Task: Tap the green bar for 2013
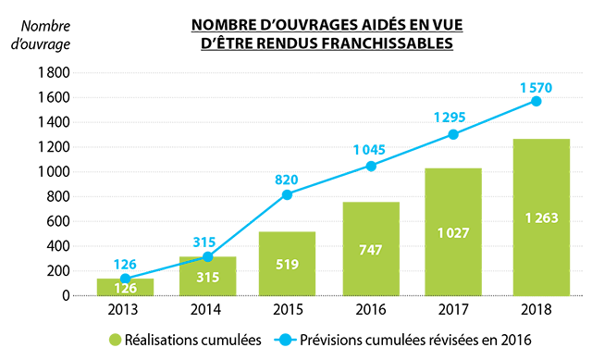point(124,287)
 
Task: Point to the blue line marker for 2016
point(371,166)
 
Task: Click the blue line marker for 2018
point(536,101)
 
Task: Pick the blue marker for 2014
point(208,256)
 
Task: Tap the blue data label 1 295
point(453,118)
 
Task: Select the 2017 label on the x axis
point(452,308)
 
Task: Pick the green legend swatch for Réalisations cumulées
point(116,341)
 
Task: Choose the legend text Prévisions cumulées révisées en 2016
point(412,341)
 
